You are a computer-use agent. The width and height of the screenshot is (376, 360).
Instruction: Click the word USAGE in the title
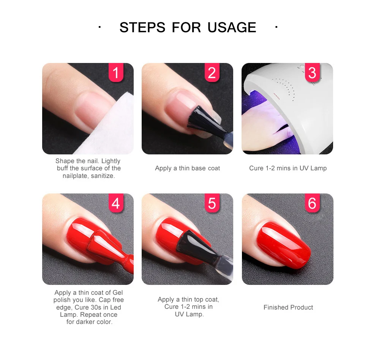click(x=232, y=27)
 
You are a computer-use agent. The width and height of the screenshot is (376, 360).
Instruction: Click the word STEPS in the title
click(x=142, y=27)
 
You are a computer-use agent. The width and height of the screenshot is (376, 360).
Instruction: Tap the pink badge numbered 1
click(x=116, y=72)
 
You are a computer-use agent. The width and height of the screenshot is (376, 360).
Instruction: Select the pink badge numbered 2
click(x=212, y=72)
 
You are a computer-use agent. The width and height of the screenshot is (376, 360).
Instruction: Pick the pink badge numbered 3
click(x=312, y=72)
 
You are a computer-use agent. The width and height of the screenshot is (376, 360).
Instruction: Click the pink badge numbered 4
click(x=116, y=203)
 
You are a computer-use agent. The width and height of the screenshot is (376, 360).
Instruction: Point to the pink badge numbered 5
click(x=212, y=203)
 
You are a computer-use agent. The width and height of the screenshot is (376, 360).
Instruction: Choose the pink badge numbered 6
click(x=312, y=203)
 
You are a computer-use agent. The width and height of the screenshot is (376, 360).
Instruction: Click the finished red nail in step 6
click(x=284, y=245)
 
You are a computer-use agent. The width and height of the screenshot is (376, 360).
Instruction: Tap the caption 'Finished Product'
click(x=288, y=307)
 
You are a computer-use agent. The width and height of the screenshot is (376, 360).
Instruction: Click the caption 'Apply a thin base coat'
click(x=188, y=168)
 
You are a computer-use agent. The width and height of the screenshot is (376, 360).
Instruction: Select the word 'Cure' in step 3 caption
click(x=256, y=168)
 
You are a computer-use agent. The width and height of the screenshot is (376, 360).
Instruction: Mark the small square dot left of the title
click(x=100, y=27)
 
